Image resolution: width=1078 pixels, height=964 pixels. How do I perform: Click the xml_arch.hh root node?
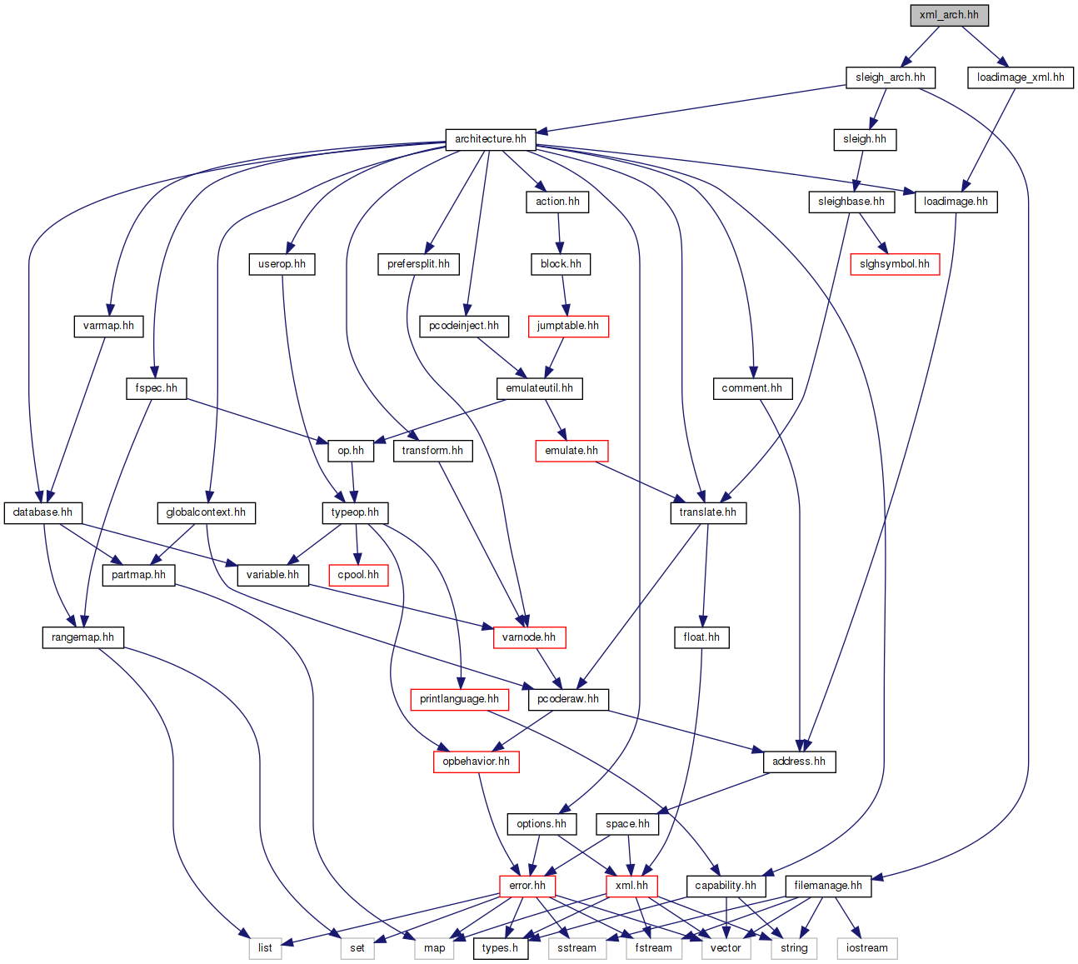(949, 15)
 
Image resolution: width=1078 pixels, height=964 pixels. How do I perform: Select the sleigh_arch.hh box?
(890, 77)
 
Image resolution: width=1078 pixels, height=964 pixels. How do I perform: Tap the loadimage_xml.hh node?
(1020, 77)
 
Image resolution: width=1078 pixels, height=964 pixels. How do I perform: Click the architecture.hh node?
(490, 139)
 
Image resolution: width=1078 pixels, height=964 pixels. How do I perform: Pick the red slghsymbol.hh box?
(894, 264)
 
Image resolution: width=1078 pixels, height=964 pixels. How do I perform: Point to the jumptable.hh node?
(567, 326)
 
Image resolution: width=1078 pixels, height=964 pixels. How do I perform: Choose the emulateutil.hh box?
(539, 388)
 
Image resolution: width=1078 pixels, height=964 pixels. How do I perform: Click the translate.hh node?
(707, 512)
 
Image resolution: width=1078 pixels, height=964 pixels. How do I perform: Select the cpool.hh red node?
(358, 575)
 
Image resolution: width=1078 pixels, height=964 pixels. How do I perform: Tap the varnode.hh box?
(528, 637)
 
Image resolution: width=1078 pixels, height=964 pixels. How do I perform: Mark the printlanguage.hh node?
(459, 699)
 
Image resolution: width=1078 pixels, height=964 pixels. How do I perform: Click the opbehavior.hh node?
(476, 762)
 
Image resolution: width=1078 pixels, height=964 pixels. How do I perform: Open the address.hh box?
(798, 762)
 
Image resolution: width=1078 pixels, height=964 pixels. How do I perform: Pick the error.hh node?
(527, 886)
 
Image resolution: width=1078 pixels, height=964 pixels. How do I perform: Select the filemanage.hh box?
(828, 886)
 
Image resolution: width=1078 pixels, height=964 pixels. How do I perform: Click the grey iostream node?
(866, 948)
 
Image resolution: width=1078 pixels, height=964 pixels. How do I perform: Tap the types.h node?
(500, 948)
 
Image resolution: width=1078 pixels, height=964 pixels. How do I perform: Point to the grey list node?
(265, 948)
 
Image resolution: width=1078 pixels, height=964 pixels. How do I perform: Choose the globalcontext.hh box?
(206, 512)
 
